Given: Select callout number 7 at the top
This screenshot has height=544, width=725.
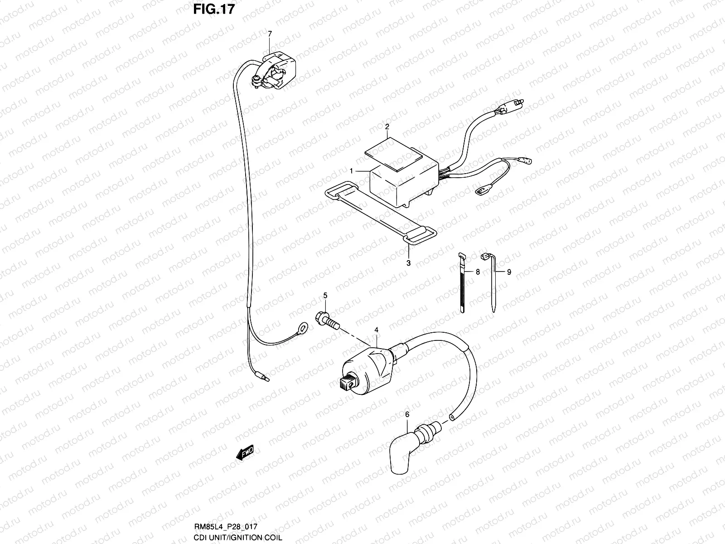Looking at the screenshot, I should (x=270, y=34).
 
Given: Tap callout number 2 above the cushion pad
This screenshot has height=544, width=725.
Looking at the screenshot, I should (x=387, y=127).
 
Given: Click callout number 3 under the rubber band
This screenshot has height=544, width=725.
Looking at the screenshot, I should (x=408, y=262).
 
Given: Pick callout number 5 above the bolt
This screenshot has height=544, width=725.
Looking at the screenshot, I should (x=324, y=296).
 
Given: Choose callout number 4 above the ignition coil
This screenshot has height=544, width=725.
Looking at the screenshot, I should (x=376, y=330).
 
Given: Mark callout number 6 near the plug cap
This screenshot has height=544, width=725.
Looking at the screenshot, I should (x=406, y=414).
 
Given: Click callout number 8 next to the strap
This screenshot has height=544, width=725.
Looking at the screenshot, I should (x=478, y=272).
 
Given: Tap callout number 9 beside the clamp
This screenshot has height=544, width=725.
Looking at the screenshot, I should (x=509, y=272).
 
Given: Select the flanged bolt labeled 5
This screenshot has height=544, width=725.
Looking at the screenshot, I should (x=327, y=321).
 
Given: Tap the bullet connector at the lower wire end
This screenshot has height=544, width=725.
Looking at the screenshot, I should (x=262, y=376).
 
